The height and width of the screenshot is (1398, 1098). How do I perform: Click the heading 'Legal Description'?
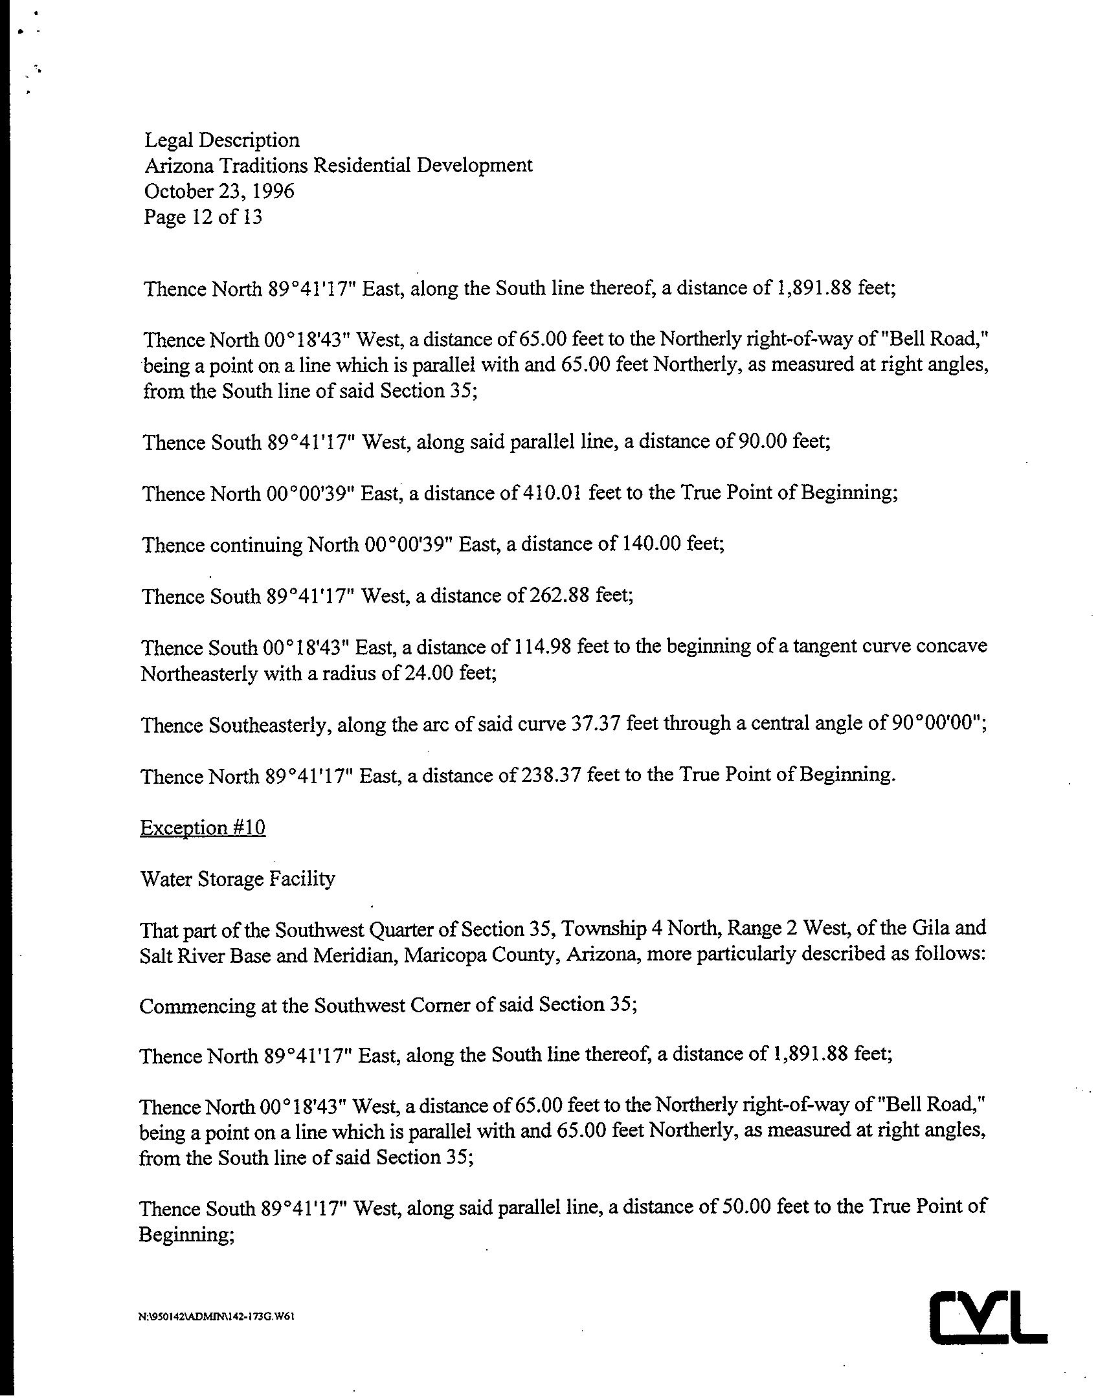tap(221, 140)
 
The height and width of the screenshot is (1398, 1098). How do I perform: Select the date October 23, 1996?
tap(219, 192)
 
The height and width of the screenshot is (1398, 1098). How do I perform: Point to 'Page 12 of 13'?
tap(203, 217)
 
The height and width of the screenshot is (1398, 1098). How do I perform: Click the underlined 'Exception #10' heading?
tap(203, 828)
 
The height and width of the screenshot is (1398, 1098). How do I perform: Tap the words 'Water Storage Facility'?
tap(238, 880)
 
